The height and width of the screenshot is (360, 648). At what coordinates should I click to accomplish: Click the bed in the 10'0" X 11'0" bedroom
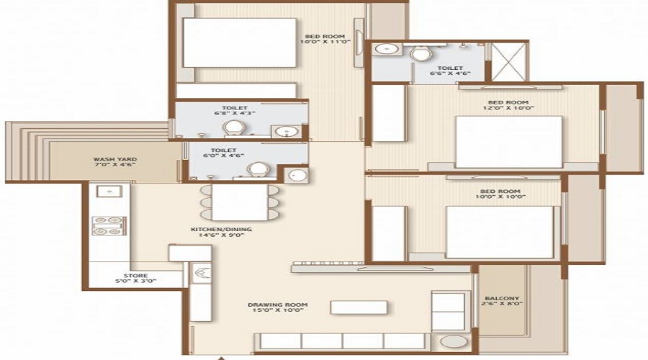229,42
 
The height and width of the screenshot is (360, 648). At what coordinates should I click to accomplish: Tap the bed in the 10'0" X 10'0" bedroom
500,232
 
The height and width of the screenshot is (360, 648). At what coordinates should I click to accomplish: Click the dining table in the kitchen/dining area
240,202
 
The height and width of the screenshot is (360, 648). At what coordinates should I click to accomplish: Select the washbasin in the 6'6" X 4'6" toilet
387,51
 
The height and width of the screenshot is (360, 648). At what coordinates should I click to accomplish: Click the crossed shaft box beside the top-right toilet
508,62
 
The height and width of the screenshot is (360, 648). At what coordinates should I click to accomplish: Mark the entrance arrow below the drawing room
225,357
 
